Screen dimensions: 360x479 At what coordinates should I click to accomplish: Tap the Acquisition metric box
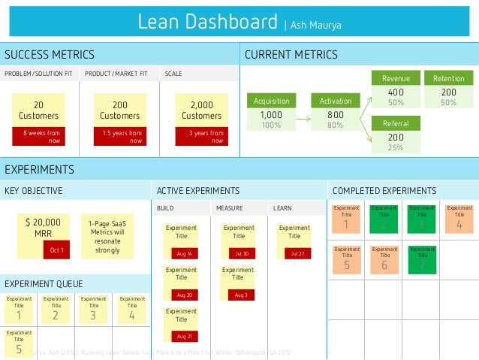(x=271, y=101)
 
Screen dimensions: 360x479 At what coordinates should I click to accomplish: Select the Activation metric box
(x=335, y=101)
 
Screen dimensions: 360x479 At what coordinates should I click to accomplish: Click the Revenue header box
(x=396, y=78)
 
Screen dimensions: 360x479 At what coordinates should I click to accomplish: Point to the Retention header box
(x=448, y=78)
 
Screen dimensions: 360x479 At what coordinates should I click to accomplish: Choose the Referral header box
(x=396, y=123)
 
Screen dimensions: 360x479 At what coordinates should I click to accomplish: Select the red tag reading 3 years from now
(x=202, y=136)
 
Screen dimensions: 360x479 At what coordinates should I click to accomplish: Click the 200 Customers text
(x=119, y=110)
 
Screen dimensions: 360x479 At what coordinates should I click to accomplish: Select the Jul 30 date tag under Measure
(x=241, y=254)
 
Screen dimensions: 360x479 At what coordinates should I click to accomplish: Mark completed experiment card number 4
(x=459, y=219)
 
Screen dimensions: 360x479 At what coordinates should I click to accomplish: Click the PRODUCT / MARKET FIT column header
(x=116, y=74)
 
